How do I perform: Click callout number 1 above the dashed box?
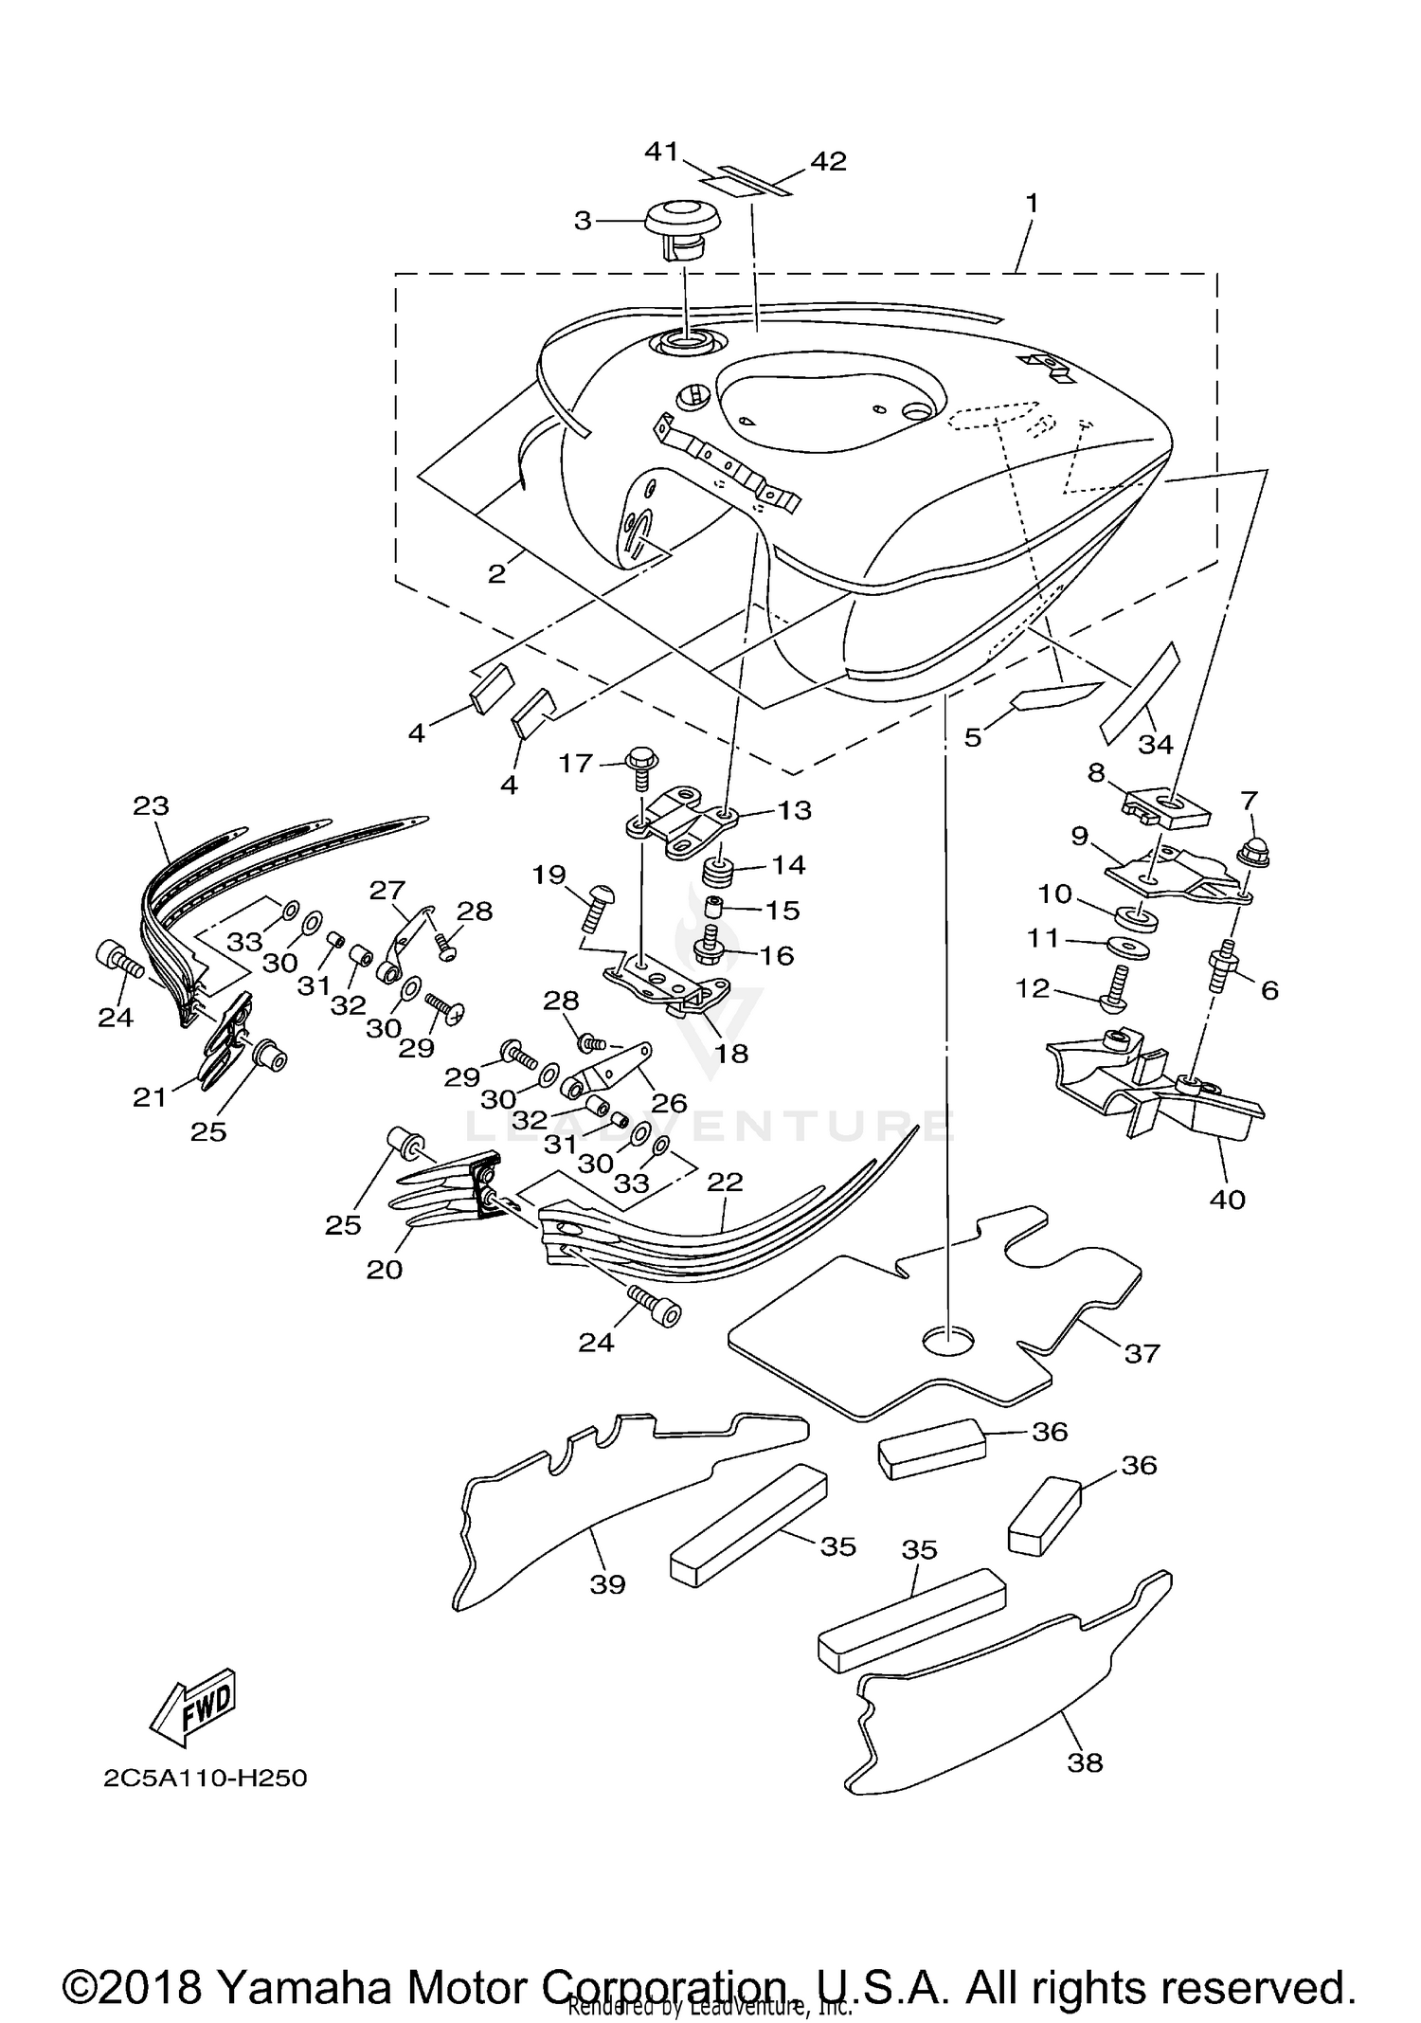[x=1032, y=203]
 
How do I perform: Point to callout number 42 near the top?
[x=827, y=161]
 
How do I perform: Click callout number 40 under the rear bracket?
[x=1227, y=1200]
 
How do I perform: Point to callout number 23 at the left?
[x=152, y=806]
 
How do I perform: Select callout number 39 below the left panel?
[x=608, y=1583]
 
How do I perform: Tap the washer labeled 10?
[x=1132, y=916]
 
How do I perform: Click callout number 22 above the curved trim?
[x=724, y=1183]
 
